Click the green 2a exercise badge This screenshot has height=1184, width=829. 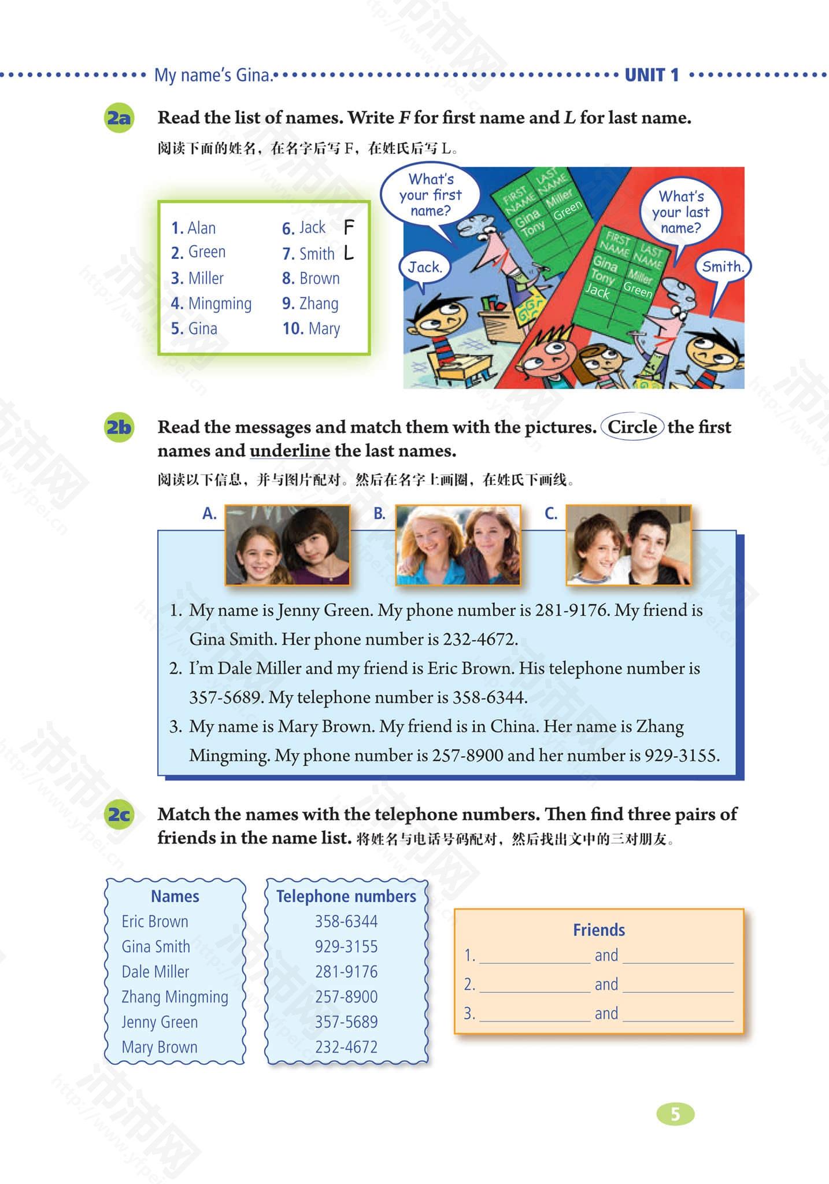(x=119, y=119)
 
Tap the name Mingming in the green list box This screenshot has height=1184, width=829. (x=220, y=304)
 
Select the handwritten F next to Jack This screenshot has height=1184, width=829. (x=349, y=227)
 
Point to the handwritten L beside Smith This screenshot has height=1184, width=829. (x=349, y=253)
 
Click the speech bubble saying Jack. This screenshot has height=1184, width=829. (x=425, y=267)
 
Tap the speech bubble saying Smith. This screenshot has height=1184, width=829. (x=722, y=267)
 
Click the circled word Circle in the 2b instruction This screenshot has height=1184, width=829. (x=632, y=427)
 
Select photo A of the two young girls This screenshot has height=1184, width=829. (x=287, y=545)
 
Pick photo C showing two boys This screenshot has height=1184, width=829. (x=628, y=545)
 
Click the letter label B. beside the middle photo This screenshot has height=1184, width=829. (x=379, y=513)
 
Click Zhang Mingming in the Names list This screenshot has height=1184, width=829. (x=175, y=997)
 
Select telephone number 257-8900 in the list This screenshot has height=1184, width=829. (x=346, y=997)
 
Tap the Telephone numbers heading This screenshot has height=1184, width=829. (x=346, y=896)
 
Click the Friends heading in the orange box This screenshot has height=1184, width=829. (x=599, y=930)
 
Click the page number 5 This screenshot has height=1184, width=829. (x=675, y=1114)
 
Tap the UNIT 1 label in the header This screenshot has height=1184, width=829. (x=652, y=75)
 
